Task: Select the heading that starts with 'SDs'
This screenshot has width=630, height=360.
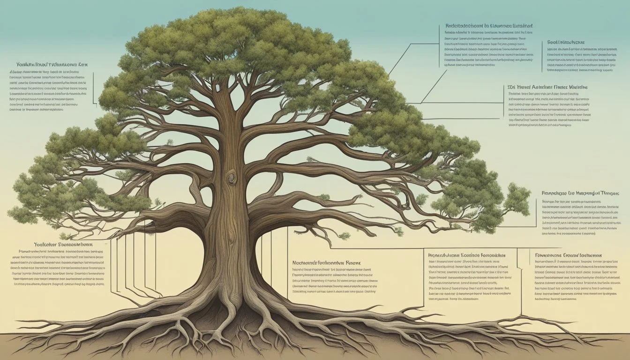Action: pos(548,87)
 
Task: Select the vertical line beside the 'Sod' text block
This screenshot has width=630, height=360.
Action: pos(543,56)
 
